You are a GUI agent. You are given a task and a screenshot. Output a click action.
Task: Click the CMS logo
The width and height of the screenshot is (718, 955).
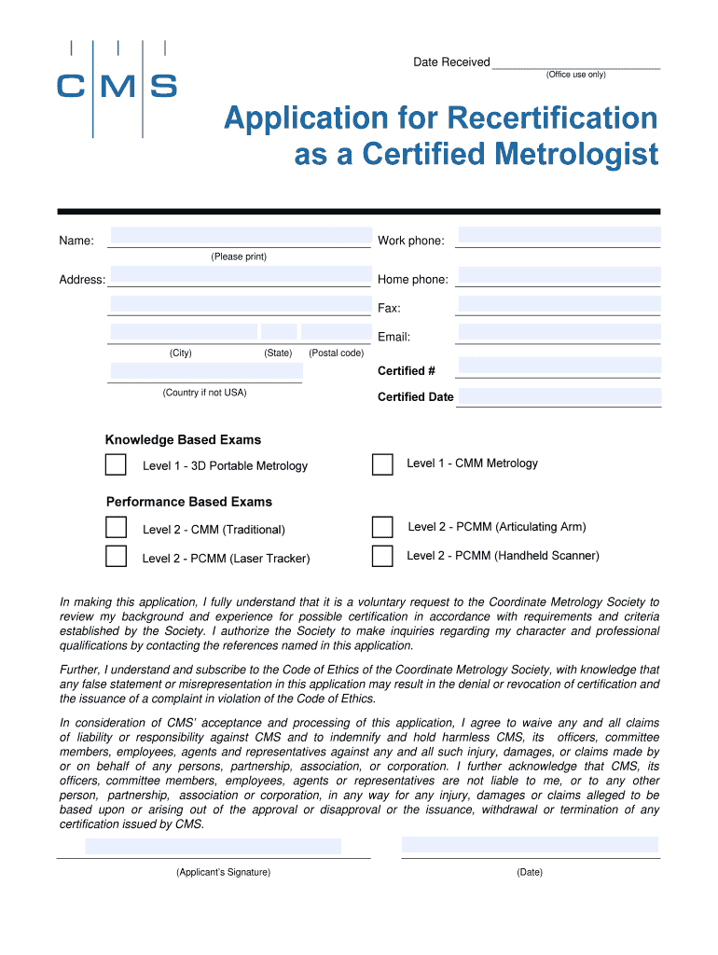coord(117,87)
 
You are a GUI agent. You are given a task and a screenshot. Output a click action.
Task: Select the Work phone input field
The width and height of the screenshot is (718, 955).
coord(559,235)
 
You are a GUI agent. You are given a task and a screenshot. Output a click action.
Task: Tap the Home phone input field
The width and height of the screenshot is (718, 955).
coord(559,275)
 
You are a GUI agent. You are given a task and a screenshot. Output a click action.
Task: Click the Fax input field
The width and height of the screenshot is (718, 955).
coord(559,304)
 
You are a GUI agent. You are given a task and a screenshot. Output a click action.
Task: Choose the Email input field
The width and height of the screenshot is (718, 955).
coord(559,332)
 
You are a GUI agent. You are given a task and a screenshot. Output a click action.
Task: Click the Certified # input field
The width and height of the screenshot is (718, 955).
coord(559,367)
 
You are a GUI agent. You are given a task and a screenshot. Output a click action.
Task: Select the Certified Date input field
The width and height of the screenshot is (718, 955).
coord(559,396)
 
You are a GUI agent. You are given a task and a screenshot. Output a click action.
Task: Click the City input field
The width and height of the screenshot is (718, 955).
coord(184,332)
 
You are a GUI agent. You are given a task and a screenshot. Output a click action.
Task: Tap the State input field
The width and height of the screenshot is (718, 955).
coord(279,332)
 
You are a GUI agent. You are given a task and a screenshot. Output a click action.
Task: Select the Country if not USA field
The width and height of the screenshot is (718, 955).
coord(206,371)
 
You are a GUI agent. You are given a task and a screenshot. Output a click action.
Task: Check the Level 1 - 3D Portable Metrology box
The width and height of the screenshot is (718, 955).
coord(116,465)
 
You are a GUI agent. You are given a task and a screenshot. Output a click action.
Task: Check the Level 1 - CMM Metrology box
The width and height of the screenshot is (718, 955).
coord(382,464)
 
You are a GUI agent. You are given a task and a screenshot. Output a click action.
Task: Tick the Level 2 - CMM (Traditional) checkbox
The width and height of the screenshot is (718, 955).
coord(116,528)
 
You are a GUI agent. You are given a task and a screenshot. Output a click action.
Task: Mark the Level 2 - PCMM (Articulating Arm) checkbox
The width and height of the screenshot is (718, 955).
coord(382,527)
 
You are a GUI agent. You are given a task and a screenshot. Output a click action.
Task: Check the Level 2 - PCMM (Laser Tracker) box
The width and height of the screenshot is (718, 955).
coord(116,557)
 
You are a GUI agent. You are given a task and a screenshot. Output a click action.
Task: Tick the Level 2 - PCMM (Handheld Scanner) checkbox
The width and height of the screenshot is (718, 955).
coord(382,557)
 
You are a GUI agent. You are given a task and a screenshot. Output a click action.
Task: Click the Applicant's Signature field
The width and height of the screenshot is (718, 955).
coord(214,847)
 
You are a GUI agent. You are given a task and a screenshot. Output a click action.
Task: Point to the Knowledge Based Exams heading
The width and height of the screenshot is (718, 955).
coord(183,440)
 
